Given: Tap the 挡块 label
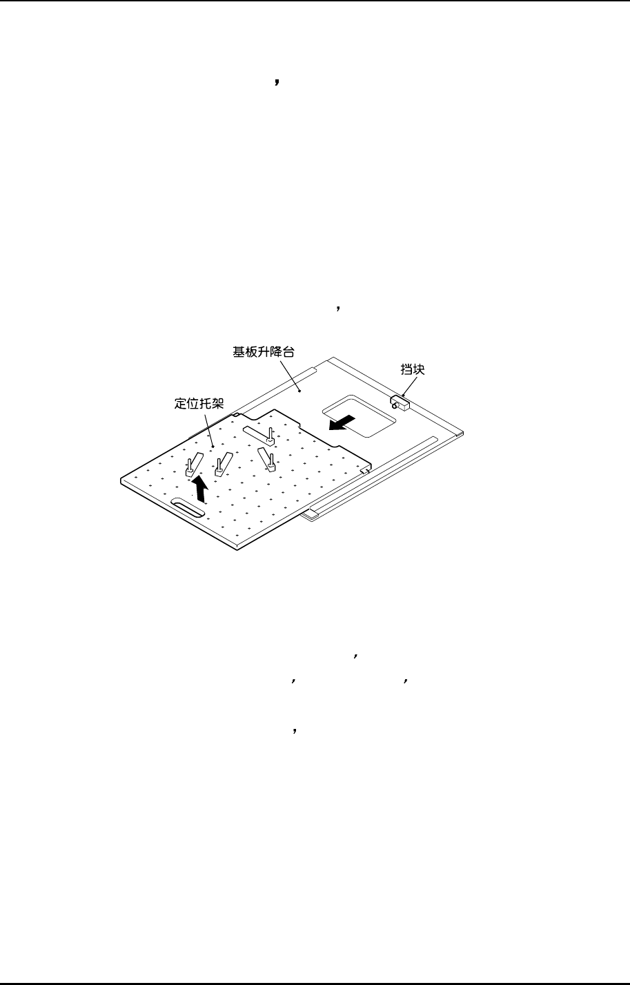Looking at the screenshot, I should click(413, 369).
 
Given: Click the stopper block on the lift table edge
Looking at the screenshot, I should click(400, 401).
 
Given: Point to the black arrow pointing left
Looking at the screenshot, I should click(342, 422).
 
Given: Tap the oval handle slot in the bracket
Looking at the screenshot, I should click(187, 507).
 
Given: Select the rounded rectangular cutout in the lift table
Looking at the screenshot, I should click(357, 415).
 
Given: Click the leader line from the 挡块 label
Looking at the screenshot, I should click(406, 387).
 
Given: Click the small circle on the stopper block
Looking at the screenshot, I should click(394, 407).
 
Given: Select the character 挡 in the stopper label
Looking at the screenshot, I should click(407, 369).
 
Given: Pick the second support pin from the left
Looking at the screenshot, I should click(219, 462).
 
